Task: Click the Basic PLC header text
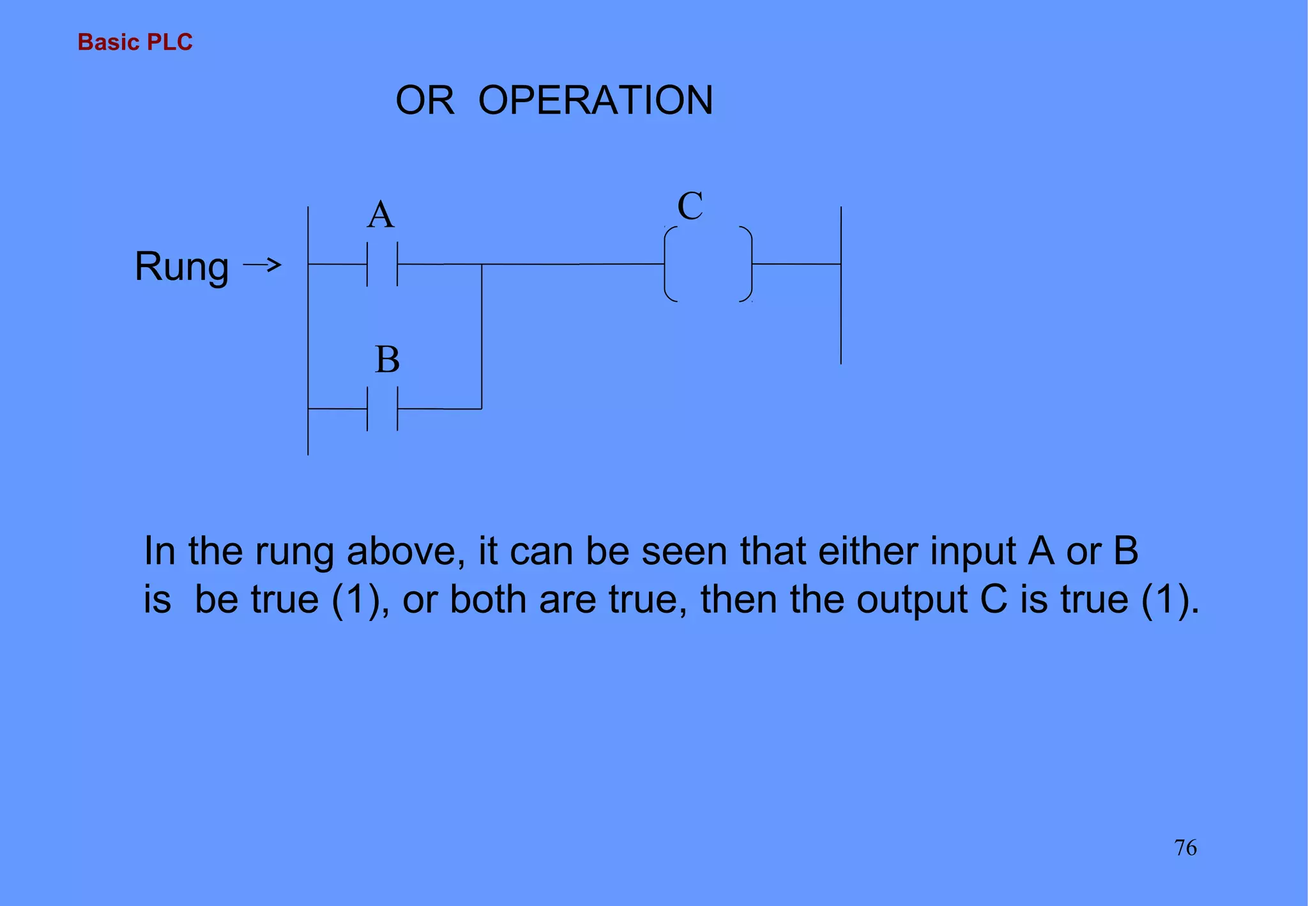135,42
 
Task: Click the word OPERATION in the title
595,100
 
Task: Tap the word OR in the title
425,100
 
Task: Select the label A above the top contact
381,215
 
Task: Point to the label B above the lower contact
387,360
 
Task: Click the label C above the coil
690,206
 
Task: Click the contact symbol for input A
382,264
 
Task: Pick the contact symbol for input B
382,409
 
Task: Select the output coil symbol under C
708,264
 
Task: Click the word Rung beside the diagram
181,266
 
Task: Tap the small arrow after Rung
262,265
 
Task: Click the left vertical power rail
308,332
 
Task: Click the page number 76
1185,848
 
